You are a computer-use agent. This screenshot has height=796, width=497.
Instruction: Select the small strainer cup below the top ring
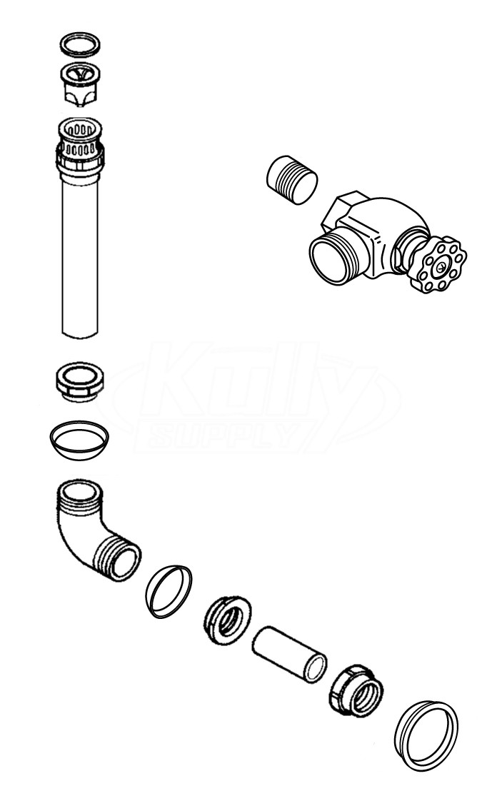pyautogui.click(x=80, y=84)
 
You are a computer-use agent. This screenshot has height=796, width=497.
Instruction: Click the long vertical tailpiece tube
pyautogui.click(x=80, y=254)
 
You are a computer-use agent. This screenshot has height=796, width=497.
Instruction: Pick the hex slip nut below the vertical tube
pyautogui.click(x=80, y=381)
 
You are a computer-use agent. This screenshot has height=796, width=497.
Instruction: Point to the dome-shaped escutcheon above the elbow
pyautogui.click(x=79, y=448)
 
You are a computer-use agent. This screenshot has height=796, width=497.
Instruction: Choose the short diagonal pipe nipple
pyautogui.click(x=289, y=655)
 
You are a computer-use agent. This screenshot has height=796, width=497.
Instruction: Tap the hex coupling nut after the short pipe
pyautogui.click(x=356, y=690)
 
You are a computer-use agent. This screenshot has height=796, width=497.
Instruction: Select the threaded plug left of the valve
pyautogui.click(x=292, y=180)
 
